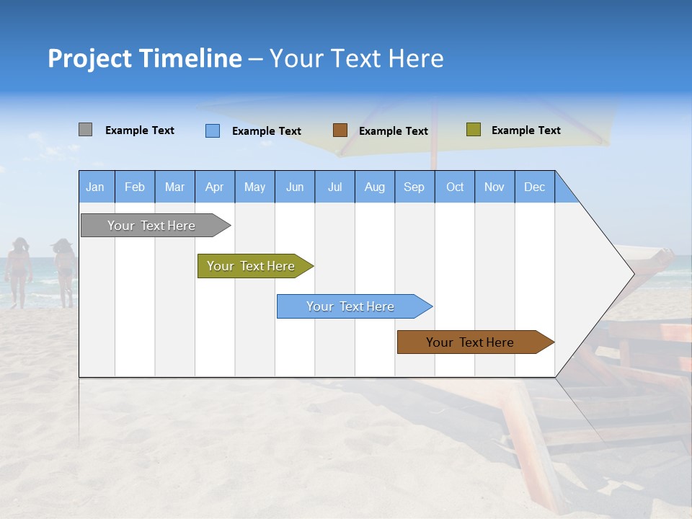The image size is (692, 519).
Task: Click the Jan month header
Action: [95, 187]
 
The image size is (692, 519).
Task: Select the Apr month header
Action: [214, 187]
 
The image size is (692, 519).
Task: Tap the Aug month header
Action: [374, 187]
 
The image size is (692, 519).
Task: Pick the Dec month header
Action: [534, 187]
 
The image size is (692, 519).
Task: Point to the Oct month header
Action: [454, 187]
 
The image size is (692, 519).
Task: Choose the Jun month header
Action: [294, 187]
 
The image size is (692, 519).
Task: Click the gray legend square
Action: [85, 130]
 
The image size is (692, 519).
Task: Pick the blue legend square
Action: [212, 130]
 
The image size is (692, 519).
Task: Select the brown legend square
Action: [340, 130]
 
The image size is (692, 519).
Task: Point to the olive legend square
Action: [473, 130]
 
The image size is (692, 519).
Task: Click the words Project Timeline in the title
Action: [144, 58]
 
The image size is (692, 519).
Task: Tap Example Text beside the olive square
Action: [525, 130]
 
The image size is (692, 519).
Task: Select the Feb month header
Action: [134, 187]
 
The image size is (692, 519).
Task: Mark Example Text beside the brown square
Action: [393, 131]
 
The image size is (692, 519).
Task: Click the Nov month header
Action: [494, 187]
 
